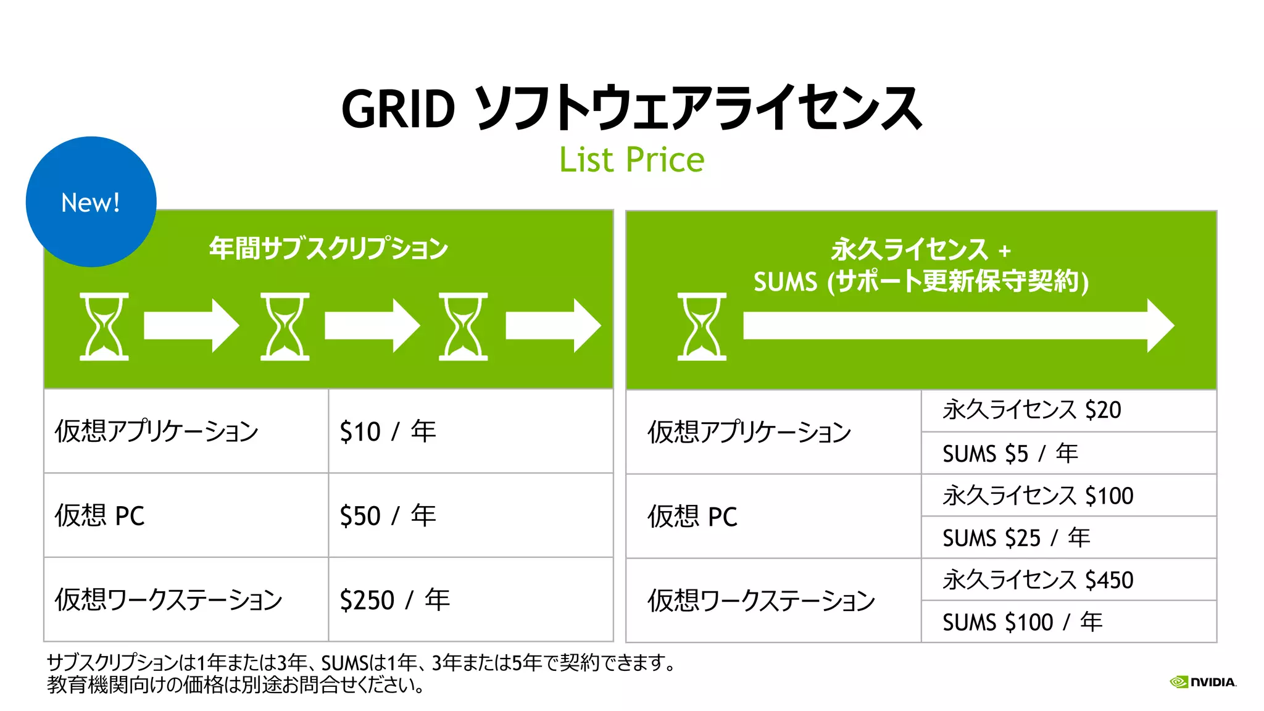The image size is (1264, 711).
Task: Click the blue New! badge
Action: click(91, 202)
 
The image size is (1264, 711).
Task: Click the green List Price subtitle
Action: click(631, 160)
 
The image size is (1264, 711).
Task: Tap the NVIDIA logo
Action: click(1203, 682)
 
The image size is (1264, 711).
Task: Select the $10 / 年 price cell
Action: click(388, 431)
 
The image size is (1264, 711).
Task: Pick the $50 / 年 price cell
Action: click(388, 516)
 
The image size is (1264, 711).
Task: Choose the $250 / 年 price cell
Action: click(394, 600)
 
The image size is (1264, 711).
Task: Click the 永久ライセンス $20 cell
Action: click(1031, 410)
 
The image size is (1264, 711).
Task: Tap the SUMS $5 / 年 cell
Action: click(1010, 454)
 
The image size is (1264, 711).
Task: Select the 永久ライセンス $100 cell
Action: click(1037, 496)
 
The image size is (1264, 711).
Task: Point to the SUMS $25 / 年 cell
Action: click(1016, 538)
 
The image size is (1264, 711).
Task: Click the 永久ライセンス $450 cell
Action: click(1037, 580)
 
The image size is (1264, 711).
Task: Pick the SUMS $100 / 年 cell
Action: click(1022, 622)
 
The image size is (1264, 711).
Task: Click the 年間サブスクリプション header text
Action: click(328, 248)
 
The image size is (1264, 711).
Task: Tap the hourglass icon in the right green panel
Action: click(702, 326)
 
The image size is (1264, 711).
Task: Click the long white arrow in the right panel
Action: click(957, 326)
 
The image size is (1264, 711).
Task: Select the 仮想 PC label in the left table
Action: click(100, 516)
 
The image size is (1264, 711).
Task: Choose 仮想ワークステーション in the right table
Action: click(761, 601)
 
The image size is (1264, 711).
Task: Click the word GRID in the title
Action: click(398, 109)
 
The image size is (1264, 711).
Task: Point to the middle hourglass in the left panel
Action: click(285, 326)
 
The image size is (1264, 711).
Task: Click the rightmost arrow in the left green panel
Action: click(552, 326)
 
